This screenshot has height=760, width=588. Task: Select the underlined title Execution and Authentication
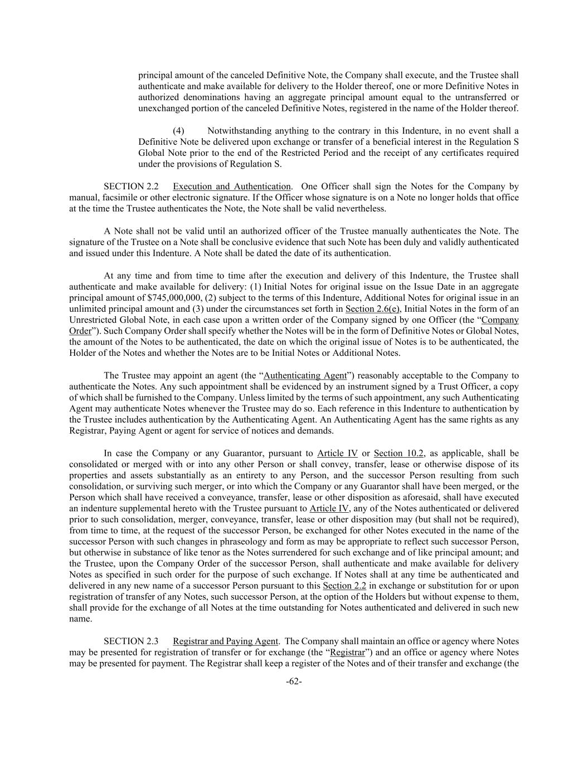pos(231,187)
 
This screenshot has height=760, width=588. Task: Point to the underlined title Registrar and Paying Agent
pos(225,641)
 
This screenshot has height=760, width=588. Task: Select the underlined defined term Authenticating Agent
pos(305,376)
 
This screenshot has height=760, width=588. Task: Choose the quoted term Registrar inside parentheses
pos(348,653)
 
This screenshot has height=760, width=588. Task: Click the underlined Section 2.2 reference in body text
pos(344,586)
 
